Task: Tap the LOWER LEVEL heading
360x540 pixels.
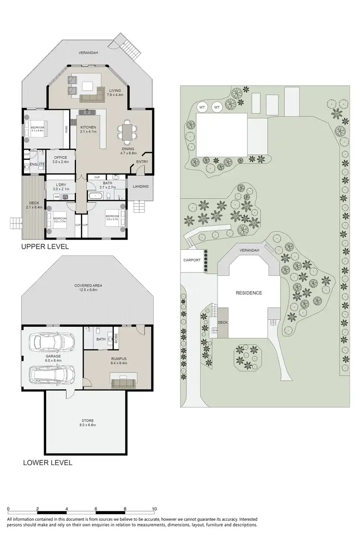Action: [48, 463]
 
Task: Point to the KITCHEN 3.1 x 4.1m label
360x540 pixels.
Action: [88, 129]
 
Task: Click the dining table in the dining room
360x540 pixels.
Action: [127, 132]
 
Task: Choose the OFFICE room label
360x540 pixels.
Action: [60, 159]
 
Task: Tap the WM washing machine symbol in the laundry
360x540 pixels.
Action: [57, 197]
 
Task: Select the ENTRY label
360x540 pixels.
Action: [142, 162]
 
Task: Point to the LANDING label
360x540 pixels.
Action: [140, 186]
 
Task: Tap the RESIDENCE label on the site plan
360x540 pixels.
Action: [248, 293]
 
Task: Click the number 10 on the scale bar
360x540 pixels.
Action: [154, 508]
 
